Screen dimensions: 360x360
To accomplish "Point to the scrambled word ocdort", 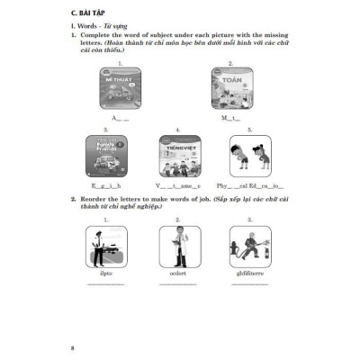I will point(176,274).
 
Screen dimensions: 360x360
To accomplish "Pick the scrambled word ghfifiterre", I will point(256,274).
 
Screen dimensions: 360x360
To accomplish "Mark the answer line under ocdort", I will point(176,286).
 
